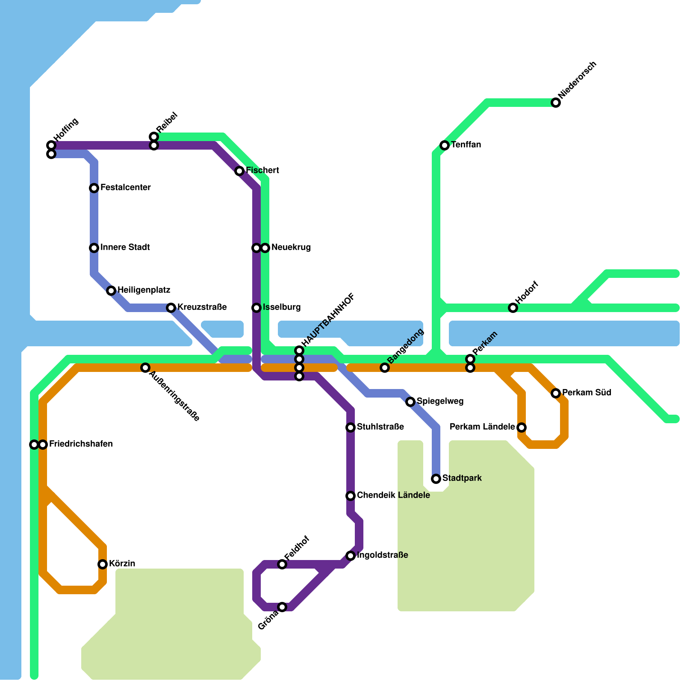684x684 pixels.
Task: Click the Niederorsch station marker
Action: click(556, 103)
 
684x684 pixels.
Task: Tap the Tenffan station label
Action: click(466, 145)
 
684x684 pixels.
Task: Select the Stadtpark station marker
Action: click(436, 479)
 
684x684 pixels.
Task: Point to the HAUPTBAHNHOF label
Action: click(328, 320)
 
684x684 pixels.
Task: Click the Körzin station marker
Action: click(103, 564)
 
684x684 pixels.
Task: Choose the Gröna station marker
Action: click(282, 607)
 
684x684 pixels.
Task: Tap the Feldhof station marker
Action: click(282, 564)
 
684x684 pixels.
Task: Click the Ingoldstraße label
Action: click(382, 555)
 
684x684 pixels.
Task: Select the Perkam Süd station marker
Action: click(556, 393)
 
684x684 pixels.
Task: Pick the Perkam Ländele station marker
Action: click(522, 427)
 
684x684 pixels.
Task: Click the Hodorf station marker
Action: click(513, 308)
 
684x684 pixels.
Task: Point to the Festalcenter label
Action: click(125, 188)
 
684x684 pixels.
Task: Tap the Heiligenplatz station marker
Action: click(111, 291)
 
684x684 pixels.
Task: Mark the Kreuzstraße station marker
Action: click(171, 308)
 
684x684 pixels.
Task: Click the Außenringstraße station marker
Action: click(145, 368)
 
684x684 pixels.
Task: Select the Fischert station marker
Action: click(239, 171)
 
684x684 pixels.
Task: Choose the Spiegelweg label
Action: click(440, 401)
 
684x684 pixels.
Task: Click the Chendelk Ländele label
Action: click(393, 495)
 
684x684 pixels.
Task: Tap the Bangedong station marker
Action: click(385, 368)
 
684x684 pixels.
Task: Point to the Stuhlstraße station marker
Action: click(351, 427)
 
